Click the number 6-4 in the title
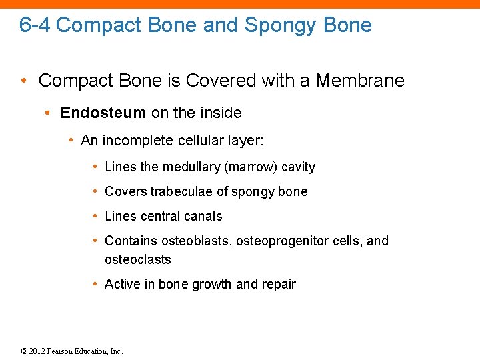point(35,25)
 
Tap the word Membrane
point(360,81)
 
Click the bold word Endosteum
point(103,113)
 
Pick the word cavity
point(298,167)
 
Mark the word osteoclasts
point(138,259)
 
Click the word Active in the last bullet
point(123,284)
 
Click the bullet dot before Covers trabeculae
point(97,192)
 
